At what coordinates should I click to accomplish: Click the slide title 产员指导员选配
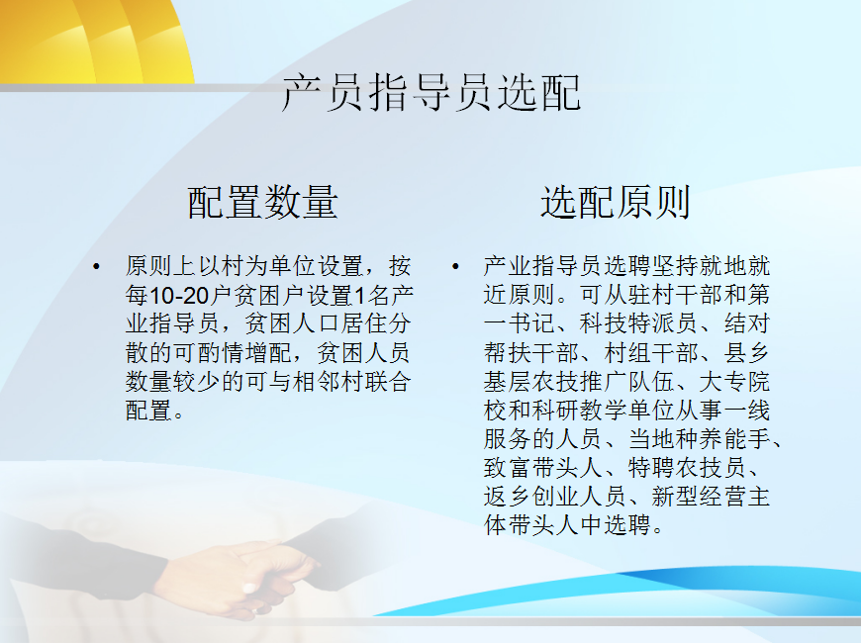tap(431, 93)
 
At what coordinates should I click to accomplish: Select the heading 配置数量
tap(262, 202)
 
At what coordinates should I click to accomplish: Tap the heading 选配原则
tap(616, 202)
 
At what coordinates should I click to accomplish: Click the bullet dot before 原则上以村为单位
tap(97, 267)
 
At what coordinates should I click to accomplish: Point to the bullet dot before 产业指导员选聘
tap(455, 267)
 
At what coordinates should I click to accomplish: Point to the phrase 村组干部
tap(651, 353)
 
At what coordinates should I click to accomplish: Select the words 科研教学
tap(580, 411)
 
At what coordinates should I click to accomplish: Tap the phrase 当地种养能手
tap(699, 439)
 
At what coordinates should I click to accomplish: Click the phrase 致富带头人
tap(543, 468)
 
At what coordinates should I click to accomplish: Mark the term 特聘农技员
tap(687, 468)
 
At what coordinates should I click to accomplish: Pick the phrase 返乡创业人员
tap(556, 497)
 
